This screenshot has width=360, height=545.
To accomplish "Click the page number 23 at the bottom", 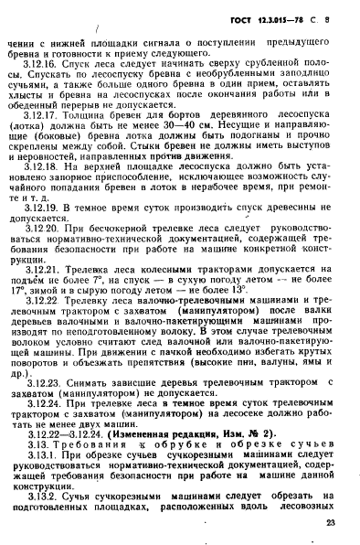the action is click(329, 524).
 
